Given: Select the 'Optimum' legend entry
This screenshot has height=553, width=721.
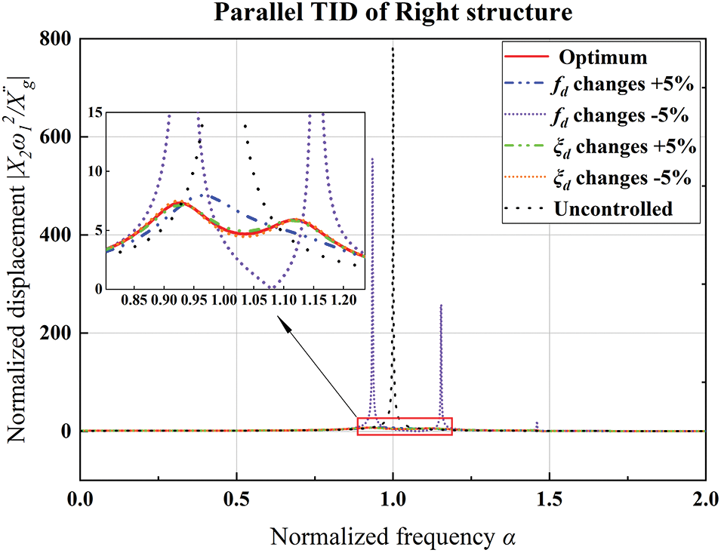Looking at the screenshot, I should (596, 57).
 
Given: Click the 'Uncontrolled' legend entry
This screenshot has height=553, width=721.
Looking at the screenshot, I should (612, 208).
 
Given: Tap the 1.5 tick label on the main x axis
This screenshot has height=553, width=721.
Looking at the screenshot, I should (549, 499).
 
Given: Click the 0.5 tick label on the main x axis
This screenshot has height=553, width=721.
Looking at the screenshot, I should (236, 499).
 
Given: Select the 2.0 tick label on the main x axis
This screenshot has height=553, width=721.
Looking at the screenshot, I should (704, 499).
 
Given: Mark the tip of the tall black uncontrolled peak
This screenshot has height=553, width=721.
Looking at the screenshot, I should (393, 46).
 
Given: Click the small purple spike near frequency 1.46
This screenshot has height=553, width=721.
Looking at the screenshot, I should (536, 426).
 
